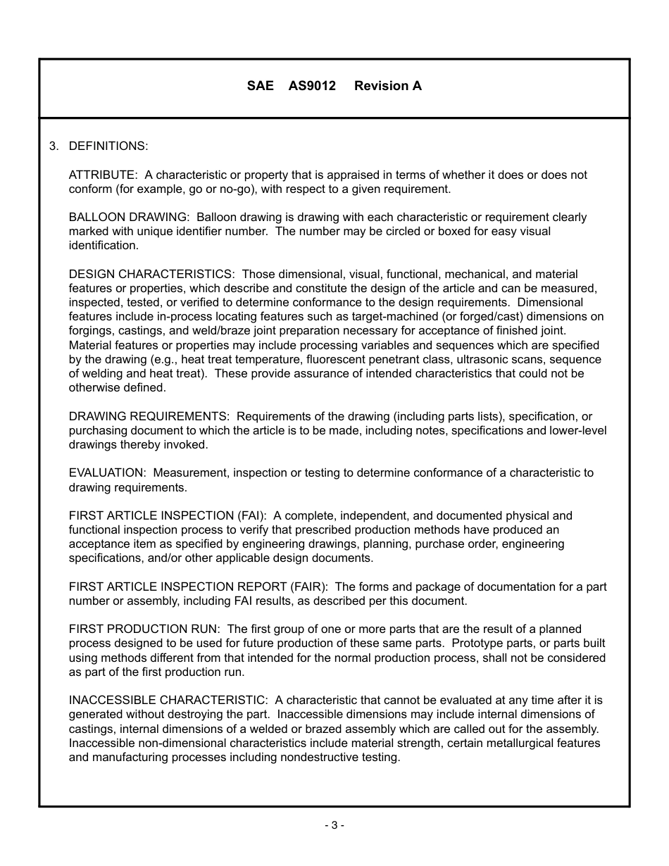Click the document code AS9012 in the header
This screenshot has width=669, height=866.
pyautogui.click(x=312, y=86)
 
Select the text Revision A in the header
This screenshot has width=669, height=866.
pyautogui.click(x=388, y=86)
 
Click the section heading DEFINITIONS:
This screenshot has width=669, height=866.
pyautogui.click(x=108, y=146)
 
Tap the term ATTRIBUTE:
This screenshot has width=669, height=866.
pyautogui.click(x=103, y=175)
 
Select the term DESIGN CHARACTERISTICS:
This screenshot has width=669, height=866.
pyautogui.click(x=151, y=274)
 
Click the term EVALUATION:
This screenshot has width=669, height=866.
pyautogui.click(x=107, y=473)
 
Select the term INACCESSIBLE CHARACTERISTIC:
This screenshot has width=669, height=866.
pyautogui.click(x=168, y=701)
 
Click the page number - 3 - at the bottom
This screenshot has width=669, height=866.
pyautogui.click(x=334, y=825)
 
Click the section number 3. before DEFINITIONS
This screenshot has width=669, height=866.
pyautogui.click(x=54, y=146)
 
